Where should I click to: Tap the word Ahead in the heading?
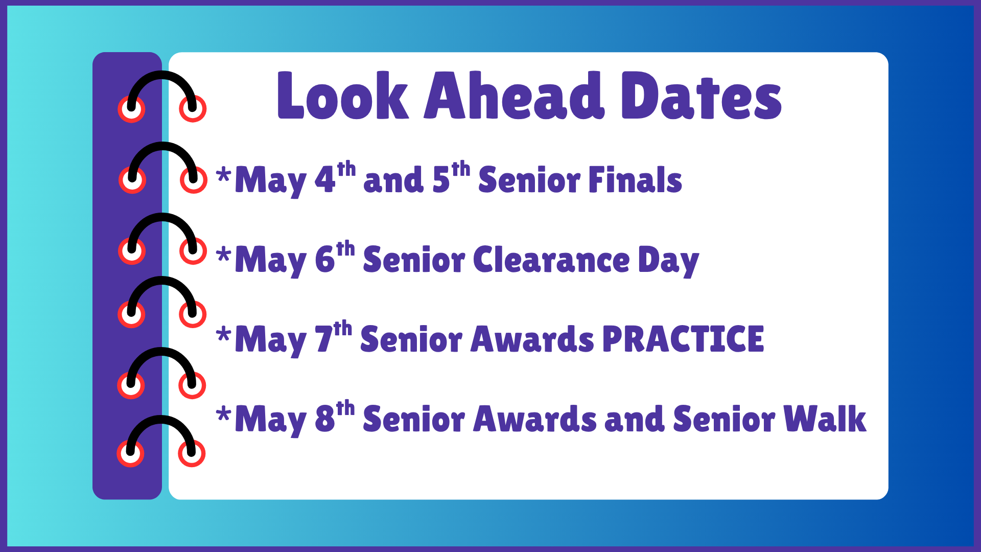[x=514, y=96]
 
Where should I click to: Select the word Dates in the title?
[x=701, y=96]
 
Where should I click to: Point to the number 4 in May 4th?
[x=324, y=180]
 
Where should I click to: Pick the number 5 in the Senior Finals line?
[x=441, y=180]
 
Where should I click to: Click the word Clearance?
[x=551, y=260]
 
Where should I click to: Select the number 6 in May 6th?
[x=324, y=260]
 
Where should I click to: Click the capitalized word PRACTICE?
[x=683, y=339]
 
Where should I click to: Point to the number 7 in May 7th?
[x=324, y=339]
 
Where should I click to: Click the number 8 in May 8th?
[x=324, y=419]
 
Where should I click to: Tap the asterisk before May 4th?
[x=223, y=175]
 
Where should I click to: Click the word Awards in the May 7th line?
[x=532, y=339]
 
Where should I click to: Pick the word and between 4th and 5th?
[x=393, y=180]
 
